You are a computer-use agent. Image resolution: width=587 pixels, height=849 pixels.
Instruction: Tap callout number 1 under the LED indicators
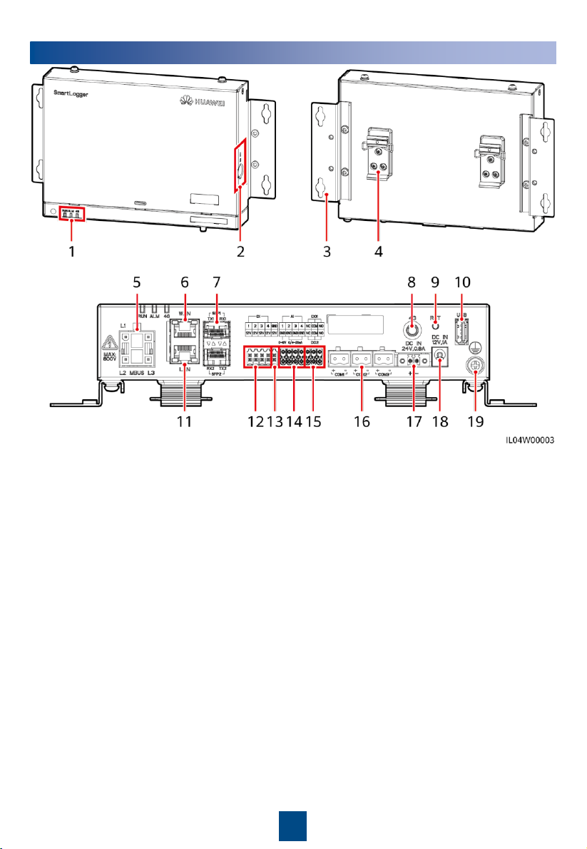pos(71,232)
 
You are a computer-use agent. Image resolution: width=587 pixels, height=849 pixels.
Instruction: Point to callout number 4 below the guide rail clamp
pos(377,232)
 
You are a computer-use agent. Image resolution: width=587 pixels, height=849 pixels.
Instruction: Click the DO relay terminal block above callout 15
pos(315,357)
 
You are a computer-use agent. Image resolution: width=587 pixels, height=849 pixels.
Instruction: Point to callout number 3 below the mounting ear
pos(327,232)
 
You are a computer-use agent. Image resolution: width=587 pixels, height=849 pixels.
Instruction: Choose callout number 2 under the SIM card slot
pos(243,232)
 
